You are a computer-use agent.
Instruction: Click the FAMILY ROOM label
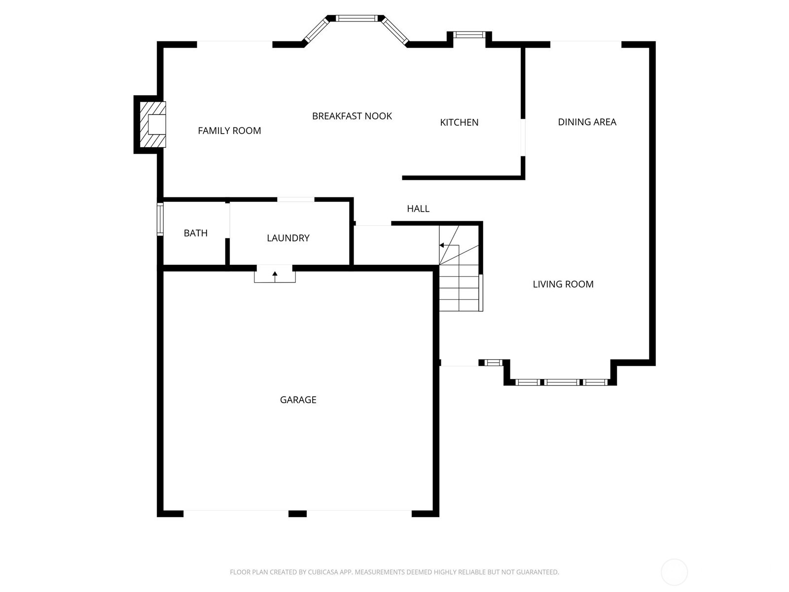click(x=229, y=131)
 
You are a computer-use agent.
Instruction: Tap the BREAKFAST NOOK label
click(x=352, y=116)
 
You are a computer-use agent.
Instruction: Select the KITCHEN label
click(x=459, y=122)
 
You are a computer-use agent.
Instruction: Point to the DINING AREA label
click(x=587, y=122)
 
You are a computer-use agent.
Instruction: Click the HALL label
click(x=418, y=209)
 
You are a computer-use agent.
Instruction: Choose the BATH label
click(x=195, y=233)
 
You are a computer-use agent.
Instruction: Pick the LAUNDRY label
click(x=288, y=238)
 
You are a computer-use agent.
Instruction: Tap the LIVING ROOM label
click(x=563, y=284)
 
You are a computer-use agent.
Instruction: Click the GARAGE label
click(x=298, y=400)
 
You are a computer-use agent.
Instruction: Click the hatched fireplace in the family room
click(x=153, y=124)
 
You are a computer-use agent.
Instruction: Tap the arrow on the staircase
click(x=442, y=245)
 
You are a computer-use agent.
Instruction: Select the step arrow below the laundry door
click(x=275, y=274)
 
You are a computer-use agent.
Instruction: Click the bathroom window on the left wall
click(x=160, y=219)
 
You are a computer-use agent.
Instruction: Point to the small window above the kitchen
click(x=469, y=35)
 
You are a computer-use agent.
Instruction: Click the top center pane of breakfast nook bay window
click(x=357, y=18)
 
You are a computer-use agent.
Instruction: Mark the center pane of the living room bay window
click(x=562, y=382)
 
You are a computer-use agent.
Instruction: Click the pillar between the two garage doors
click(x=297, y=514)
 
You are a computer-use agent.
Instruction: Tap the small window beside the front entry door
click(x=493, y=363)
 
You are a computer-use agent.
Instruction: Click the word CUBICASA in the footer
click(x=323, y=572)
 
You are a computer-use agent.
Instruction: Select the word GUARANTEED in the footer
click(x=538, y=572)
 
